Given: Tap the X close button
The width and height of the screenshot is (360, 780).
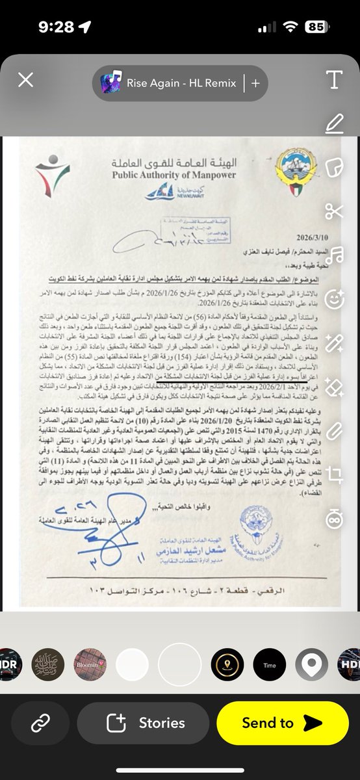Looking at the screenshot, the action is (x=25, y=80).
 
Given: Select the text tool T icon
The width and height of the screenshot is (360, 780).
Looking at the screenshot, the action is (x=334, y=80).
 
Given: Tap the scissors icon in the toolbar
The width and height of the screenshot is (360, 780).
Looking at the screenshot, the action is (x=334, y=211).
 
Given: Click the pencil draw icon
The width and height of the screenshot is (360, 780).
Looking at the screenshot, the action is (x=334, y=123).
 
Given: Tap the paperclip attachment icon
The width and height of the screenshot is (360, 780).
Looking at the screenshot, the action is (x=334, y=430).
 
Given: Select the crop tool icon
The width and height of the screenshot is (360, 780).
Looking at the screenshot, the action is (x=334, y=473).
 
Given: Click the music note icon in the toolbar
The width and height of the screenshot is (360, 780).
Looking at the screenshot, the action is (x=334, y=254).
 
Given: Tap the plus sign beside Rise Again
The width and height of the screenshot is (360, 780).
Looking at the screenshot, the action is (x=255, y=83).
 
